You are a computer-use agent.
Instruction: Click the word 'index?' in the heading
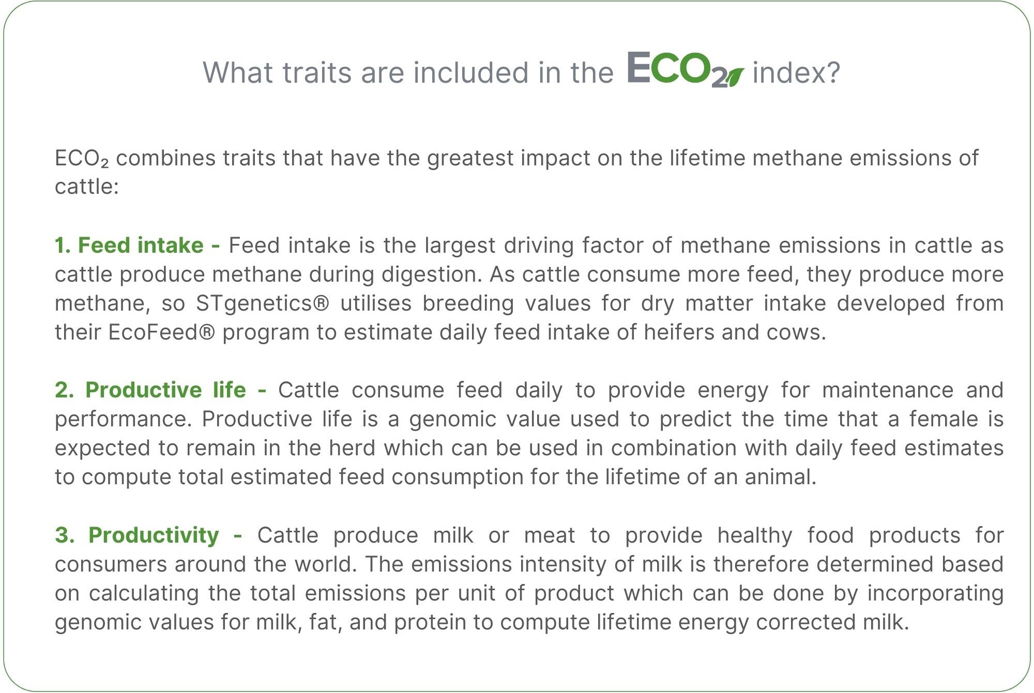(x=796, y=72)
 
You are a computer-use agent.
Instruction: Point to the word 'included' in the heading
(x=471, y=72)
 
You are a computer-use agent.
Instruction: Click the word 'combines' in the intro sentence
(x=165, y=158)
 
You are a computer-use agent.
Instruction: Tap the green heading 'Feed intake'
(x=141, y=245)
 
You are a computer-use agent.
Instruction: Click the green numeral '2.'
(x=65, y=390)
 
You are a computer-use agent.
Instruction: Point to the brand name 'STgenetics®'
(x=262, y=304)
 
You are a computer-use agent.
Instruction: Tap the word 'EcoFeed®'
(x=161, y=332)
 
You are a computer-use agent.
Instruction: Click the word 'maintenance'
(x=888, y=390)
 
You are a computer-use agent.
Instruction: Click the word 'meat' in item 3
(x=550, y=536)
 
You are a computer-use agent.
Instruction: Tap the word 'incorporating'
(x=935, y=594)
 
